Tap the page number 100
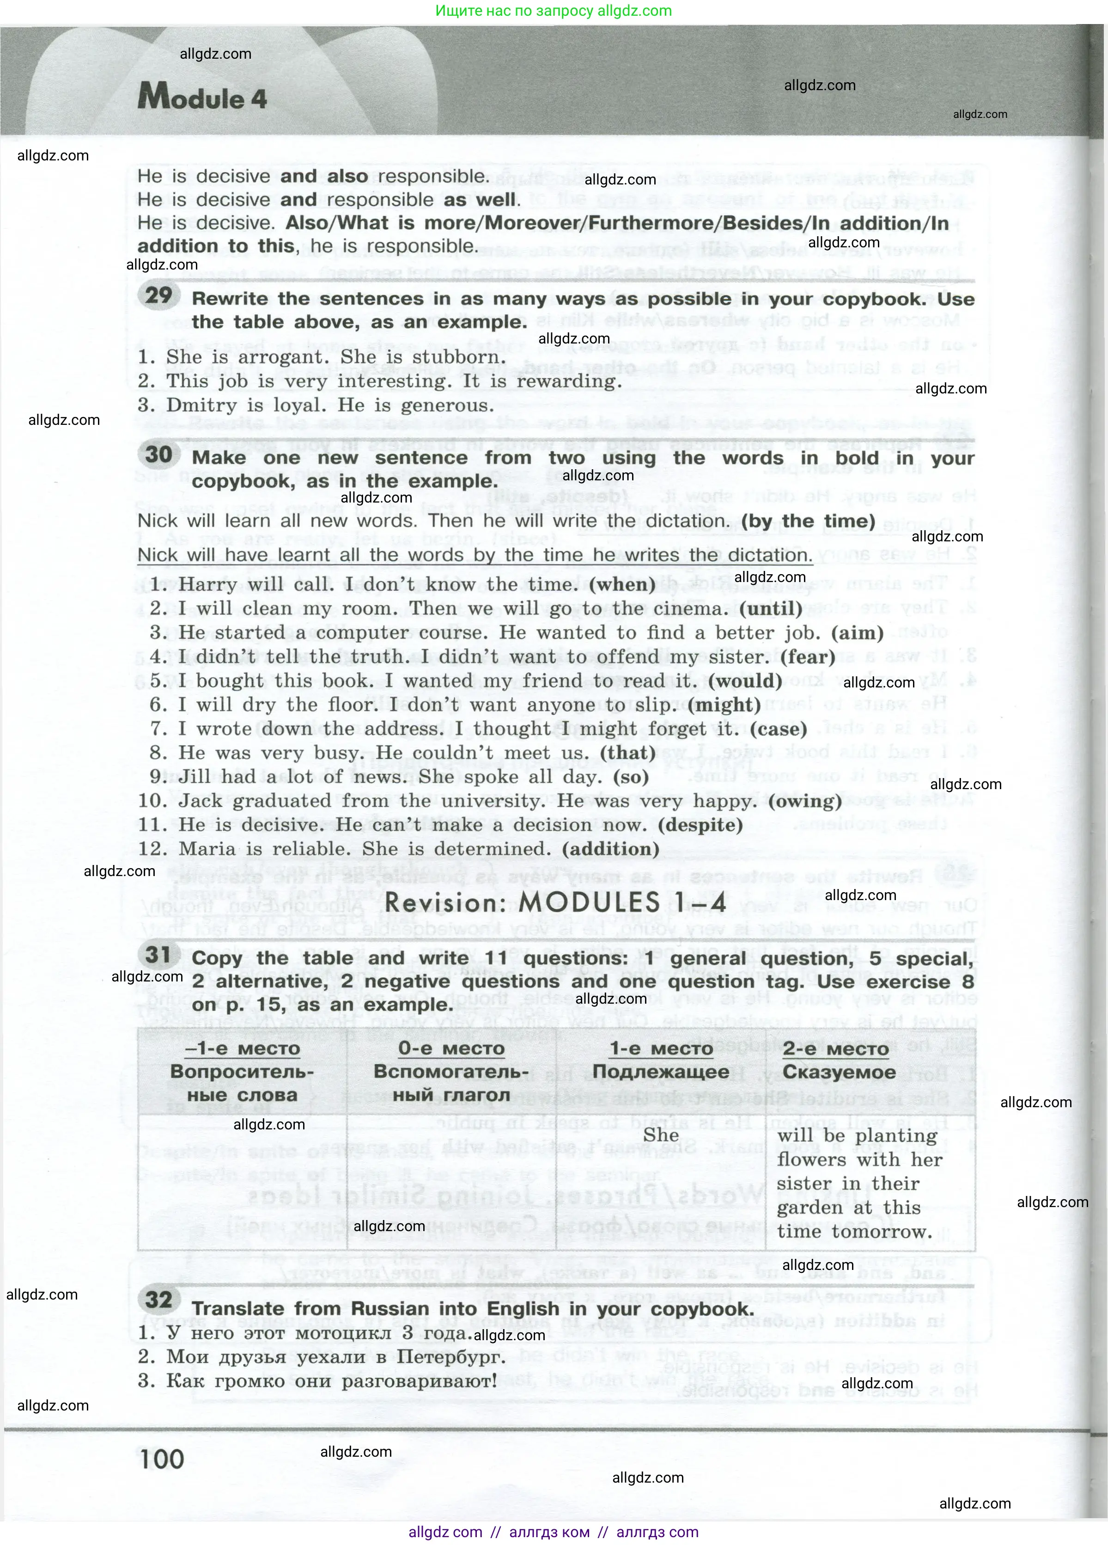coord(162,1459)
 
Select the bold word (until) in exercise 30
coord(771,608)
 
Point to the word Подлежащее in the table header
coord(661,1072)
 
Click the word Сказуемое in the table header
coord(839,1072)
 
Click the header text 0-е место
coord(451,1048)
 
